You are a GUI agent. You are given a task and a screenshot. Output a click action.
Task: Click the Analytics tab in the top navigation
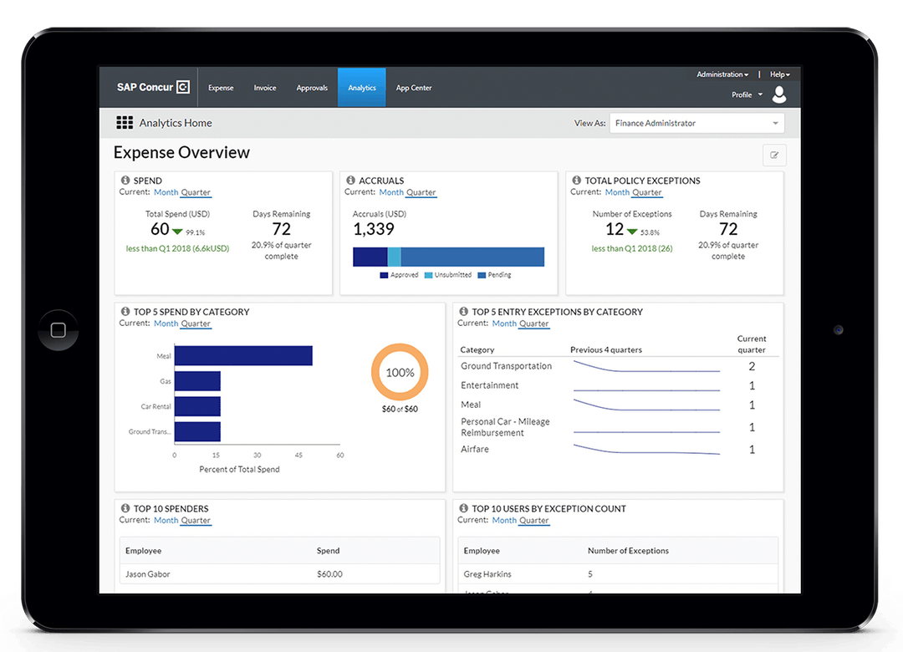(362, 88)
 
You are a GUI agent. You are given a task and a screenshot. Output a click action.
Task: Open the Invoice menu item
(265, 88)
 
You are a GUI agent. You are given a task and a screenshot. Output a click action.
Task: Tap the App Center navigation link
(414, 88)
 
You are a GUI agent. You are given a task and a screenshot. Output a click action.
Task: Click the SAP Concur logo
(153, 88)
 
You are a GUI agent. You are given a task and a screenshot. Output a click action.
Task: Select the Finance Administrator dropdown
(696, 124)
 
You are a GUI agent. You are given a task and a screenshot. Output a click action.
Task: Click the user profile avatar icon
(779, 94)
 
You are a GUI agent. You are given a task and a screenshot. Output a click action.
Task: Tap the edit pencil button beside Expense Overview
(774, 155)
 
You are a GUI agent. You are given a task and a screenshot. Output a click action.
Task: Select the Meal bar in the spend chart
(243, 356)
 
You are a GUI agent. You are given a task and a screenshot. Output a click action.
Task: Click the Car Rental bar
(197, 406)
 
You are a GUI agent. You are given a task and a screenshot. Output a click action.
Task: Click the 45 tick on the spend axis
(298, 456)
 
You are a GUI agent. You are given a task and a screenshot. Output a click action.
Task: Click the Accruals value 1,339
(374, 230)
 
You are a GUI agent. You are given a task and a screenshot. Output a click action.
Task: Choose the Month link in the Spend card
(166, 192)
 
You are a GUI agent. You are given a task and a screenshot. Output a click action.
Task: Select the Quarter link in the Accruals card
(421, 192)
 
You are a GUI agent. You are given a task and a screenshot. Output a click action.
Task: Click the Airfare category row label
(475, 450)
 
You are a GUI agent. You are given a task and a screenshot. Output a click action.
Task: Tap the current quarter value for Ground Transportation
(752, 366)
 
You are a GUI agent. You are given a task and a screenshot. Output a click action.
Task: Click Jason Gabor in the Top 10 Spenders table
(148, 574)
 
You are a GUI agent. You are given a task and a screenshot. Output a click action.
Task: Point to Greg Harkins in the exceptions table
(487, 574)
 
